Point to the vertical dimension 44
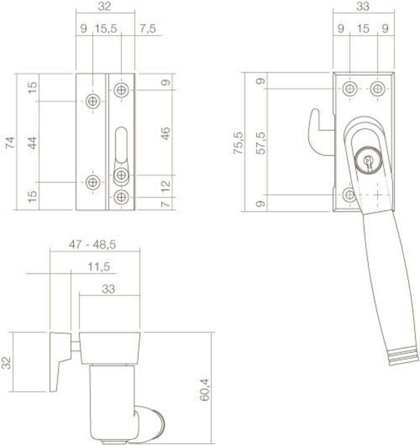[x=32, y=142]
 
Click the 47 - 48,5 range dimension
[x=95, y=244]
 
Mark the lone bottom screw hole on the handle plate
[x=350, y=194]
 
